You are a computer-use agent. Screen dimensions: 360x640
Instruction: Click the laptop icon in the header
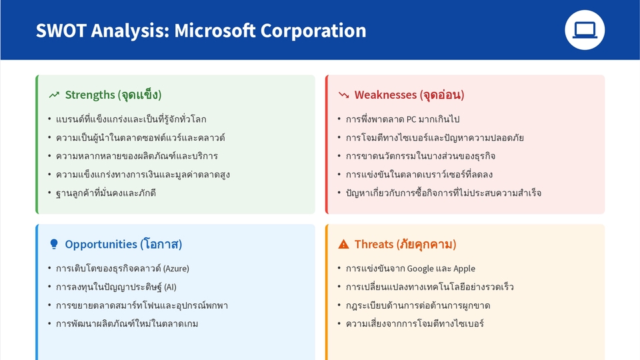[585, 30]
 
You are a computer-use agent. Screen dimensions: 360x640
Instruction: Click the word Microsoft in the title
[215, 31]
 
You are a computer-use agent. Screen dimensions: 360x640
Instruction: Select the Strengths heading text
[113, 95]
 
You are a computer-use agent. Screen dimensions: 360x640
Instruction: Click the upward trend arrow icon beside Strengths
[54, 95]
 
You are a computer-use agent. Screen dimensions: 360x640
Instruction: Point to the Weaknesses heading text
[409, 95]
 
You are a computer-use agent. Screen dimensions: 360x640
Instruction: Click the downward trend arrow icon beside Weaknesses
[344, 95]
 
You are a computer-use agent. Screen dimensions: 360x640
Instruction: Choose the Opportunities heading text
[123, 244]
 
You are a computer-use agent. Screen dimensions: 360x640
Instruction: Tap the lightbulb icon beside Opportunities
[54, 245]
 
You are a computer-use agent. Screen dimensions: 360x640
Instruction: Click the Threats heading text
[405, 244]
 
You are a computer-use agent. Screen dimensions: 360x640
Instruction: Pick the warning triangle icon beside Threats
[344, 245]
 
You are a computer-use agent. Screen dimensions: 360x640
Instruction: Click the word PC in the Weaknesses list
[411, 119]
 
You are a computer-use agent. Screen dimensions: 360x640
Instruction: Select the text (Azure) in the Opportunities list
[176, 269]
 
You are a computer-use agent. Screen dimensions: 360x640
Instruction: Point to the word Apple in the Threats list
[464, 269]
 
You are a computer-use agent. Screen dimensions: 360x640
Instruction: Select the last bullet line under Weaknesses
[443, 193]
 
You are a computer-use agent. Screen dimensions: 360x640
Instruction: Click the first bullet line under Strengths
[131, 119]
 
